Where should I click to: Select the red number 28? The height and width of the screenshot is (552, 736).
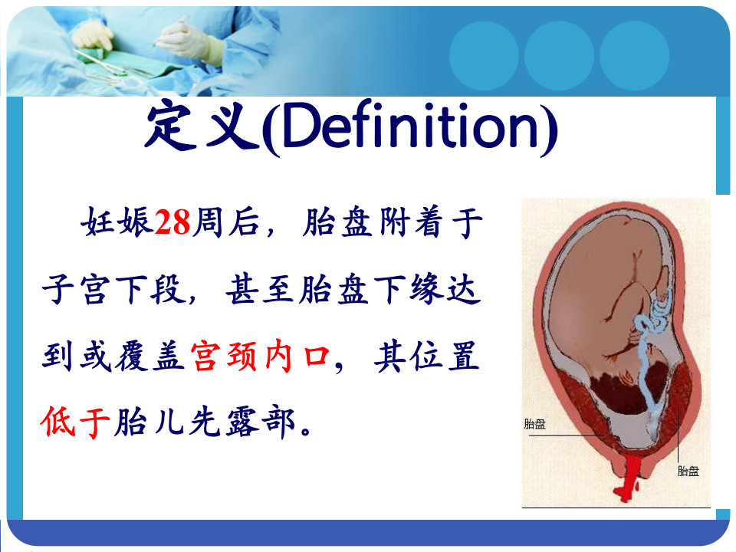click(172, 225)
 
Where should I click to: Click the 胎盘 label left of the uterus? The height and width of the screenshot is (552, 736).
click(534, 424)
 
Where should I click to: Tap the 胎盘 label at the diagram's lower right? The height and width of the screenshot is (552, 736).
click(688, 471)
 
